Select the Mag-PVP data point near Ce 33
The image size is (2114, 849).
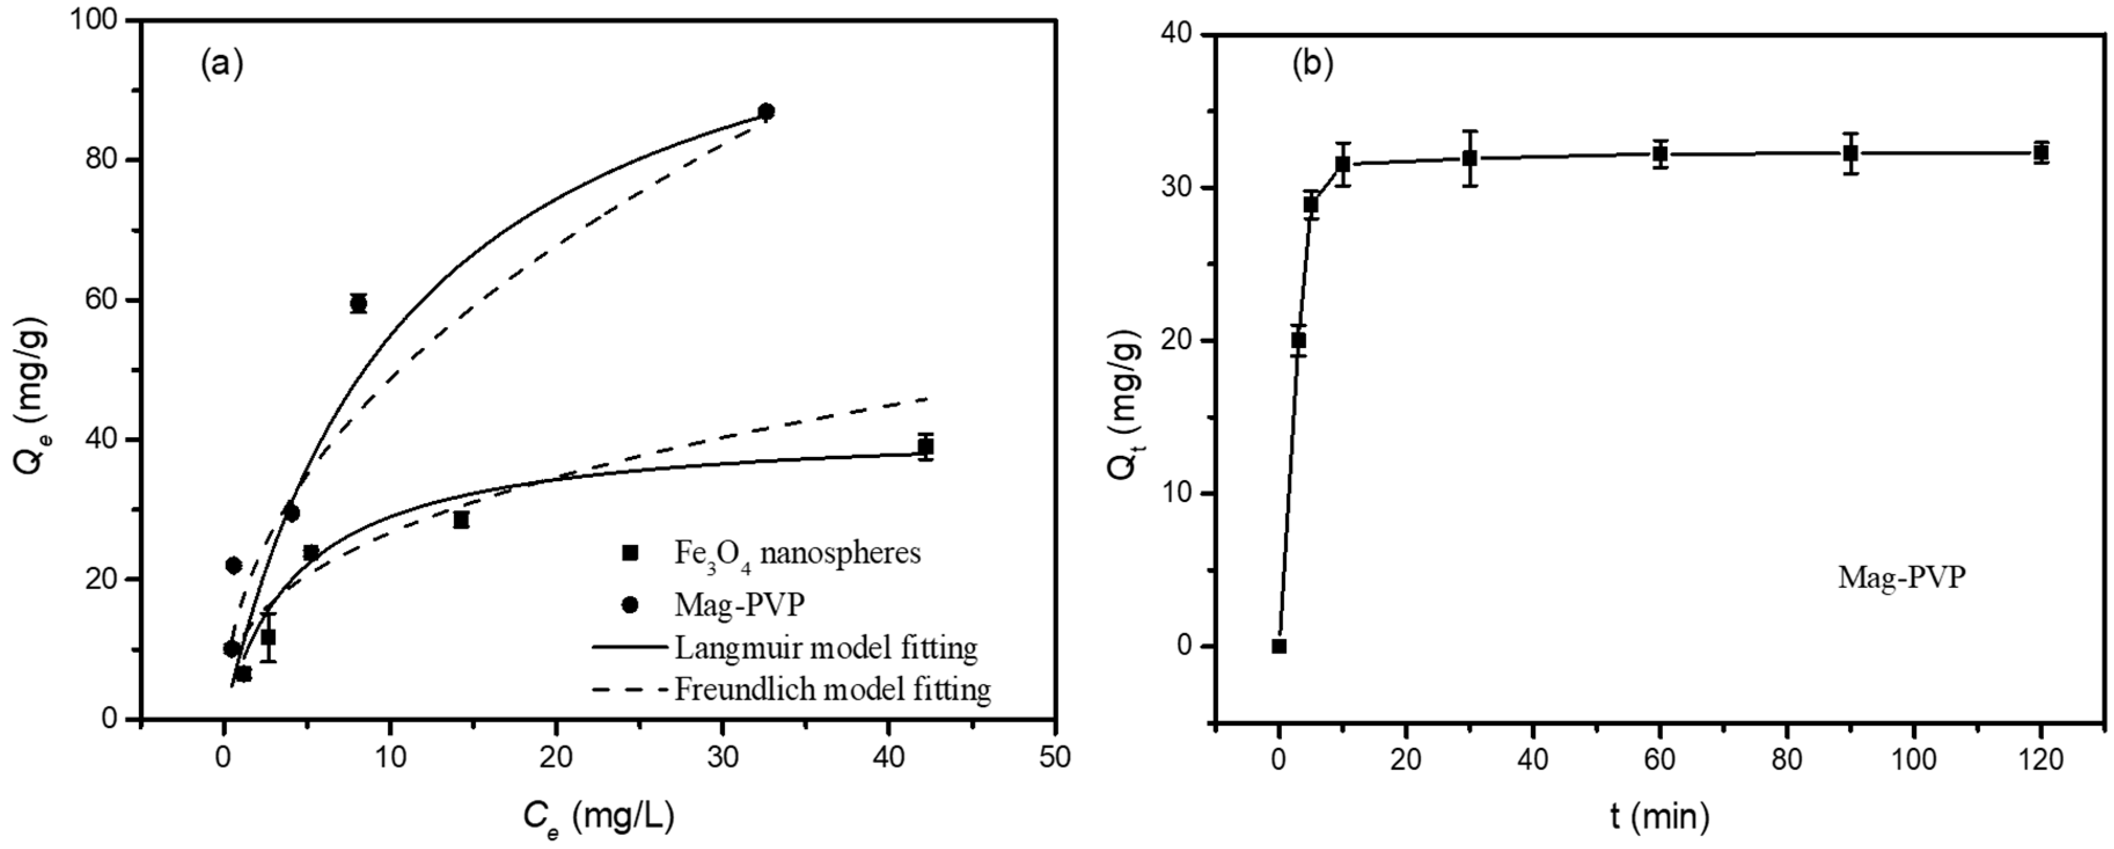pyautogui.click(x=765, y=111)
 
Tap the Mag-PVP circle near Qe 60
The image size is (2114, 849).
pyautogui.click(x=358, y=303)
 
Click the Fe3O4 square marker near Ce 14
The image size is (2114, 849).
pyautogui.click(x=461, y=519)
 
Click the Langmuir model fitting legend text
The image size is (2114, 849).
pyautogui.click(x=826, y=648)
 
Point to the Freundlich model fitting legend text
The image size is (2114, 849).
pyautogui.click(x=832, y=689)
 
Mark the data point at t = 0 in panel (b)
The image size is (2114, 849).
pyautogui.click(x=1278, y=646)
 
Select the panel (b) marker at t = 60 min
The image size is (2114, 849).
pyautogui.click(x=1660, y=153)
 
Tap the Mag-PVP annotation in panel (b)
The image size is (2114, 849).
pyautogui.click(x=1901, y=578)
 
